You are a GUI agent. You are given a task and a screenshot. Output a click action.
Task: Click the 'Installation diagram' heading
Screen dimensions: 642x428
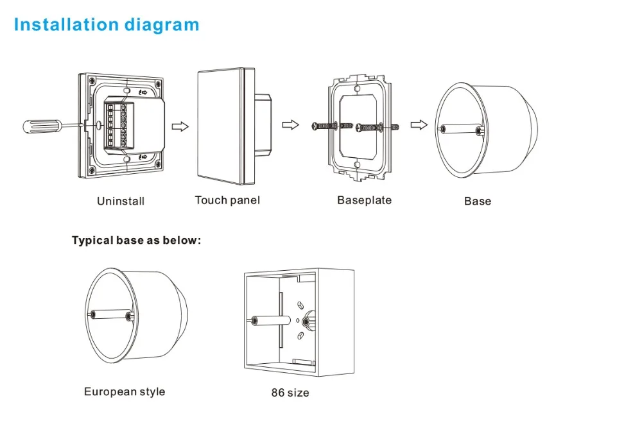click(x=107, y=25)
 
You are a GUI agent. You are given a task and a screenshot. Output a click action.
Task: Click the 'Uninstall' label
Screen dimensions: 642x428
click(x=121, y=201)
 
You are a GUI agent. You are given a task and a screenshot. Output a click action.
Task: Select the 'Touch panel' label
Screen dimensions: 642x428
click(x=227, y=200)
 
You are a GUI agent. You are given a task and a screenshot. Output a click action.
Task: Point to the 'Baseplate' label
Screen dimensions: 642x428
click(x=364, y=200)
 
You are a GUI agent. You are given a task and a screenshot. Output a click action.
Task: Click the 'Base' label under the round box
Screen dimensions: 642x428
click(x=478, y=201)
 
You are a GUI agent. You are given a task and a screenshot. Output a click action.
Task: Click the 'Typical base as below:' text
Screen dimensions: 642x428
click(x=137, y=241)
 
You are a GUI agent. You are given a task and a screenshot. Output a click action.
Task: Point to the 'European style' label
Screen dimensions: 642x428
click(x=125, y=391)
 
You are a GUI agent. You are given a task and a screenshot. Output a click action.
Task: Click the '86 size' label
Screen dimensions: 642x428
click(x=290, y=392)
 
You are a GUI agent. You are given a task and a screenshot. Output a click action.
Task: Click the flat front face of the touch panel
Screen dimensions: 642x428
click(x=220, y=122)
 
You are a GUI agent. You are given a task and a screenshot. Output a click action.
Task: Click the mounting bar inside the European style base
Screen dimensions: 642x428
click(x=111, y=316)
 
